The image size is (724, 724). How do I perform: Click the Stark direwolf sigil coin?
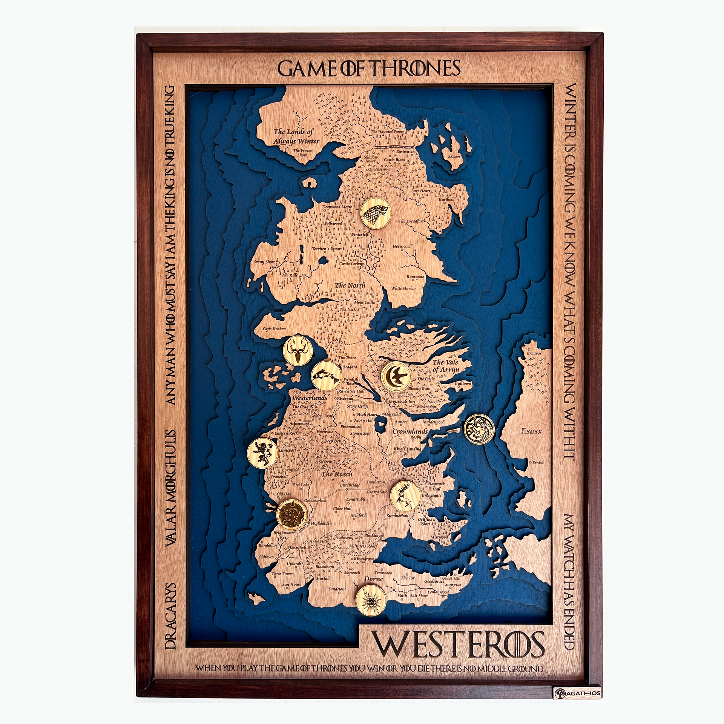376,213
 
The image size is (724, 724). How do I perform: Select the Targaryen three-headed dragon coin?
479,429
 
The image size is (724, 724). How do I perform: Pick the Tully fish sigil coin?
326,375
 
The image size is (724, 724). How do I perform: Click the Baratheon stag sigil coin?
405,494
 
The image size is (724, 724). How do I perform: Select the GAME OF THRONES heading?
369,69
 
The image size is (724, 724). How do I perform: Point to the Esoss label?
531,431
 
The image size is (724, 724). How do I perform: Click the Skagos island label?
454,156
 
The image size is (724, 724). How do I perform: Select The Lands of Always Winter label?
296,137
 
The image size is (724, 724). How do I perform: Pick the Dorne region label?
373,579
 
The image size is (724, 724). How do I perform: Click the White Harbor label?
403,288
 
